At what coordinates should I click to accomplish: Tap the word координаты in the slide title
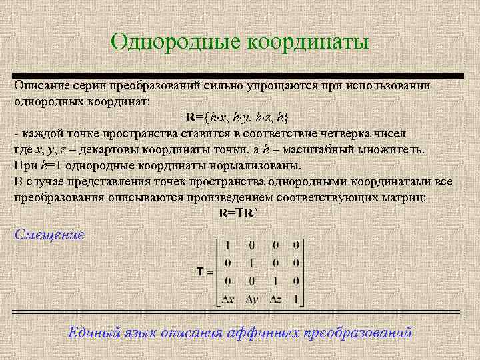coord(307,43)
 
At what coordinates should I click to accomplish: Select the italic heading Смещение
coord(49,235)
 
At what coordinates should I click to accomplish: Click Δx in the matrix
coord(228,299)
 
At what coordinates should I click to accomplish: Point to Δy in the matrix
coord(251,299)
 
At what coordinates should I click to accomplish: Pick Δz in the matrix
coord(275,299)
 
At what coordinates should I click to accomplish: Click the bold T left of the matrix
coord(200,272)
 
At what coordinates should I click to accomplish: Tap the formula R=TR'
coord(238,213)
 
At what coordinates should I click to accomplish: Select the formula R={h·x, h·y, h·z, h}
coord(237,117)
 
